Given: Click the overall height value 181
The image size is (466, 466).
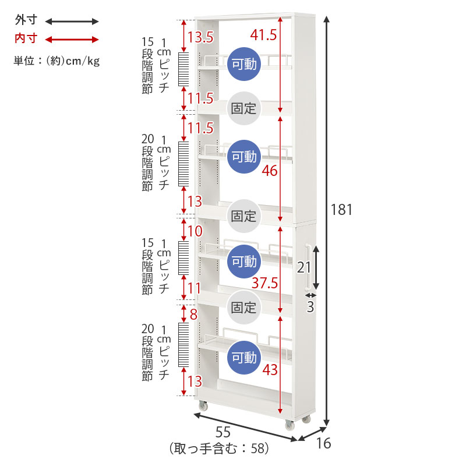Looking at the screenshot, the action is tap(341, 210).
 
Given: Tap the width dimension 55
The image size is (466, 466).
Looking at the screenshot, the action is tap(223, 432).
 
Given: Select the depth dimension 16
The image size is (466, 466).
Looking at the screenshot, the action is tap(323, 443).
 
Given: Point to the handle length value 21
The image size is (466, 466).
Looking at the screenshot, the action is tap(303, 267).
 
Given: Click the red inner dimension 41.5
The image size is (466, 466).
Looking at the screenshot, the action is tap(263, 35).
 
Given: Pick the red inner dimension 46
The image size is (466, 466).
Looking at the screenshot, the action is tap(270, 171).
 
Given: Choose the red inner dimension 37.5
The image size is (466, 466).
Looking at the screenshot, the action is tap(264, 283).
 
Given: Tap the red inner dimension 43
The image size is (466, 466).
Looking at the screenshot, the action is tap(270, 370).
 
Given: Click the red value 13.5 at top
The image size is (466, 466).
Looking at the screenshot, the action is tap(200, 37).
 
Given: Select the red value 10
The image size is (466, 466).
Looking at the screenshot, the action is tap(195, 231).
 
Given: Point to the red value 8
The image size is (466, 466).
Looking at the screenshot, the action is tap(193, 315).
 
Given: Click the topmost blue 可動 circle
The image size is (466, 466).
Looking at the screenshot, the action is tap(244, 64).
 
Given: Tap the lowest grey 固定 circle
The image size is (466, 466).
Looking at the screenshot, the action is tap(243, 308).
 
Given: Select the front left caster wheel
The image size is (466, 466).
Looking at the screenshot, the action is tap(203, 405).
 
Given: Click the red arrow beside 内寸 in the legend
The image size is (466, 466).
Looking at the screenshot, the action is tap(72, 40).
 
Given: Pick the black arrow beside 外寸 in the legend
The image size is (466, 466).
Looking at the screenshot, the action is tap(72, 22).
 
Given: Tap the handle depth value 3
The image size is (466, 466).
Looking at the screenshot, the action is tap(310, 307).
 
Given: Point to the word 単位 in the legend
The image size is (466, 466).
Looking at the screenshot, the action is tap(24, 61).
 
